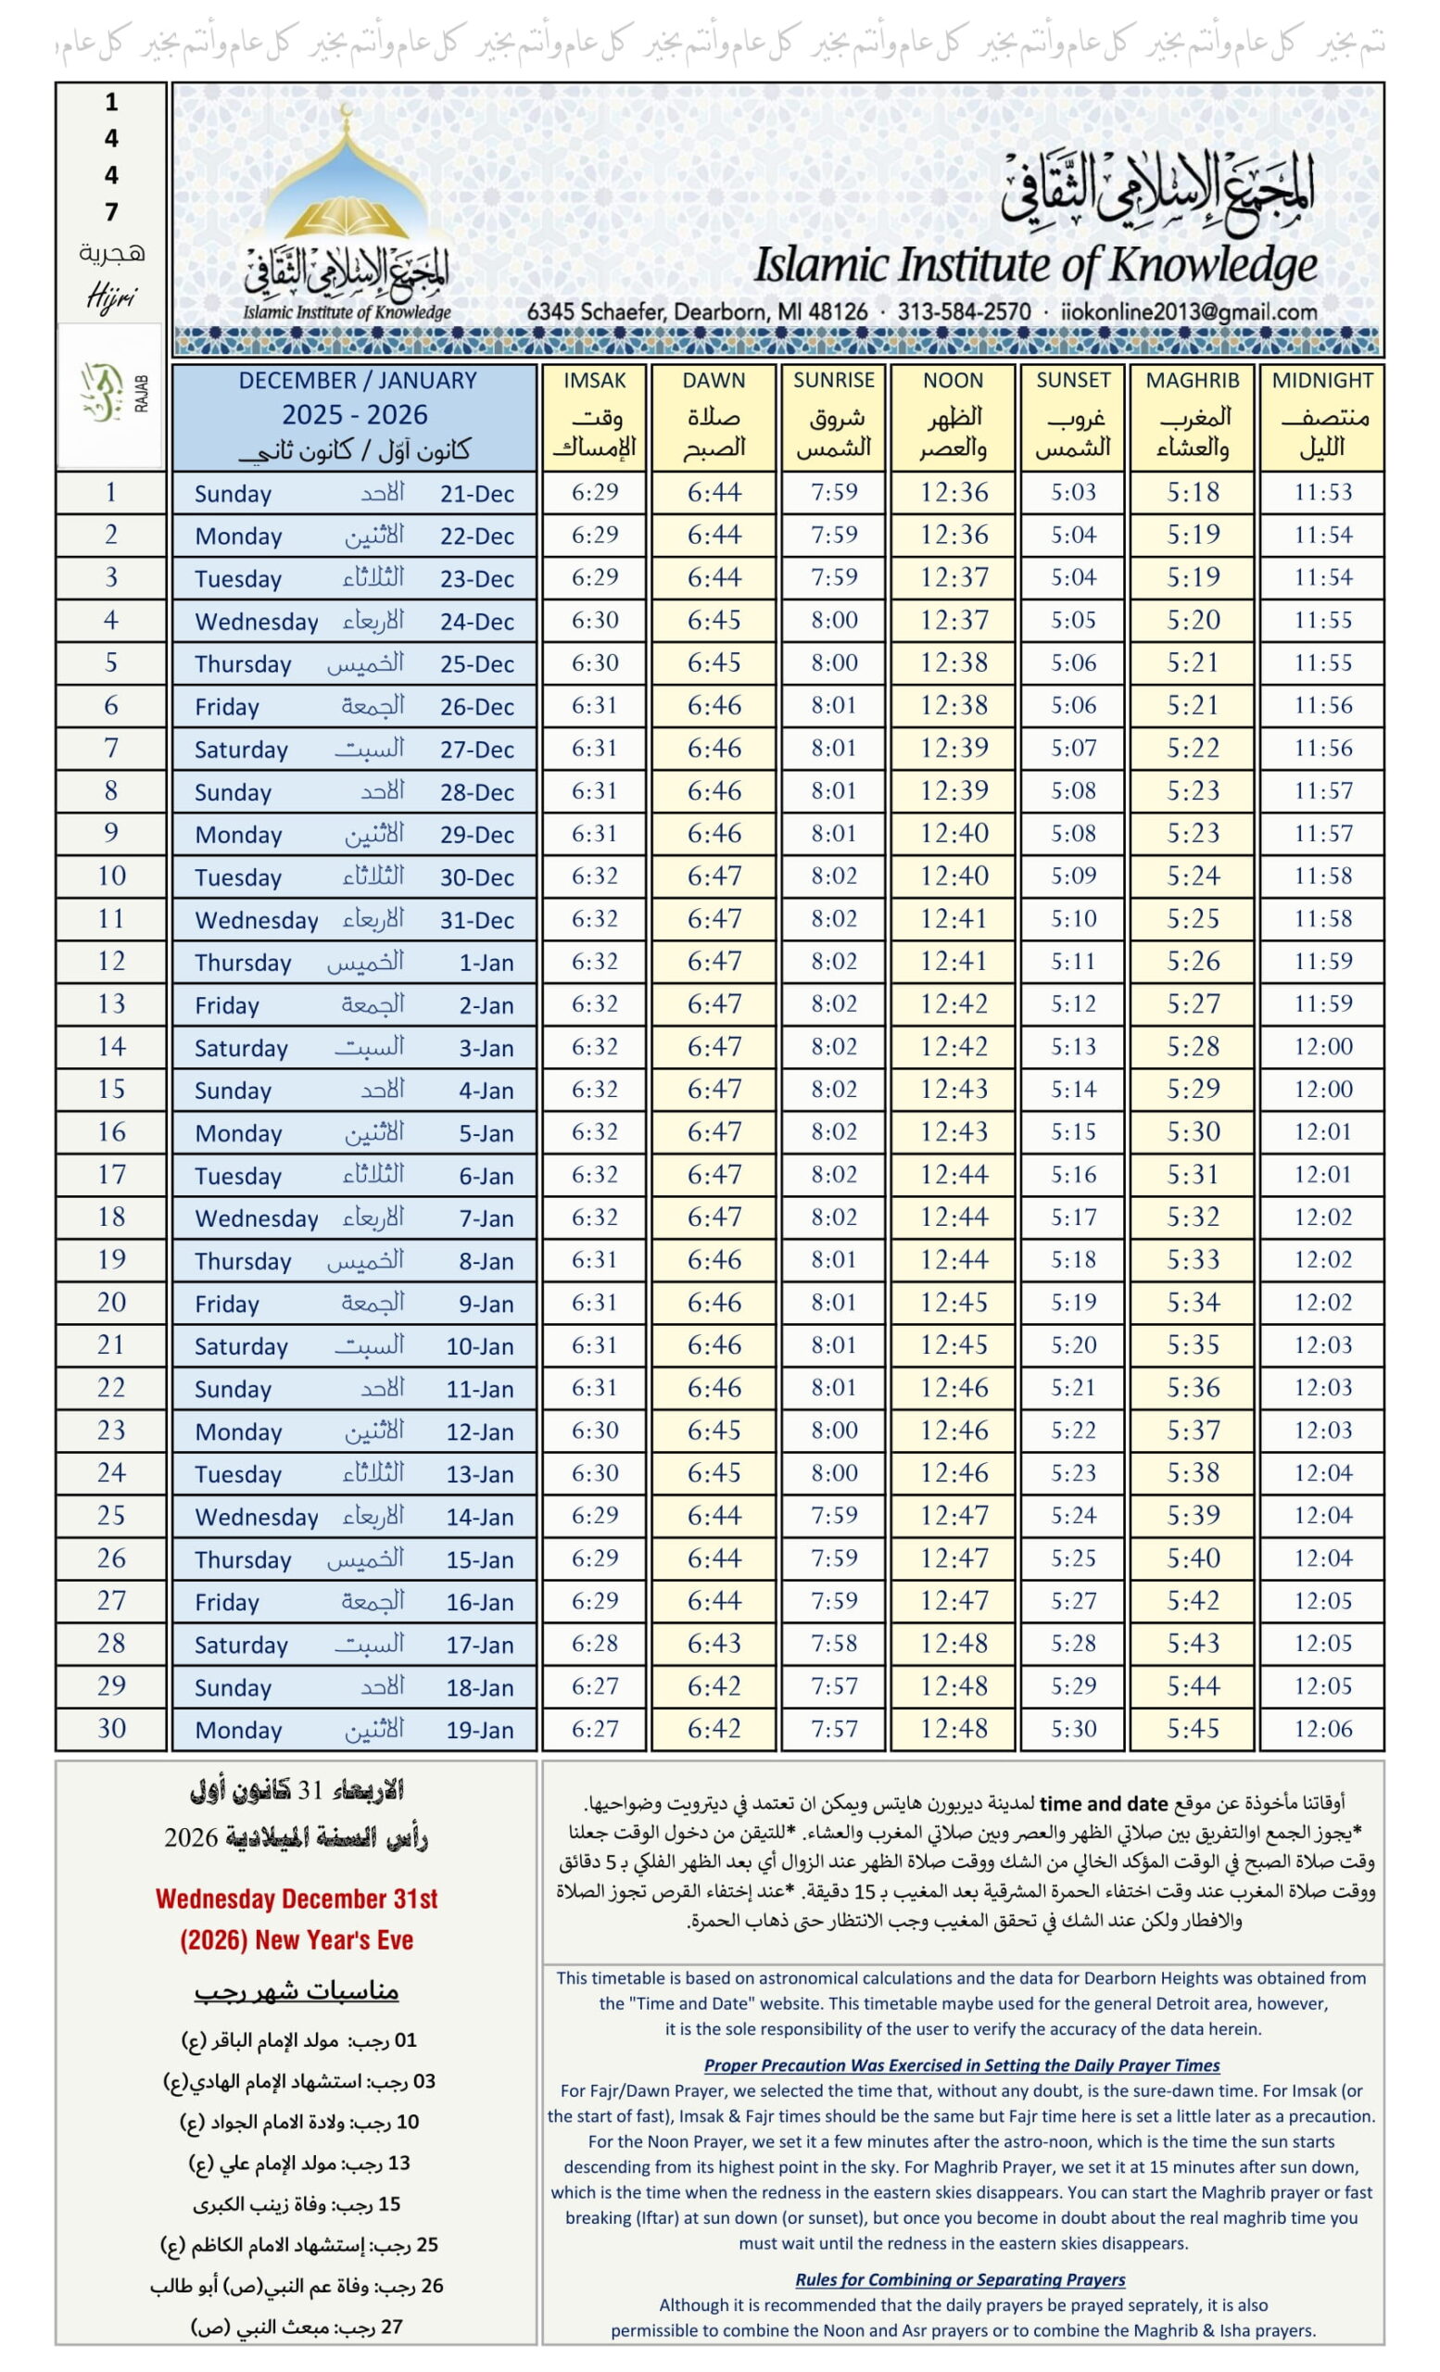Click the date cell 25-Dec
click(x=476, y=664)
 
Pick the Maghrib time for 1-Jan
click(x=1193, y=962)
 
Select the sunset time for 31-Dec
click(x=1072, y=919)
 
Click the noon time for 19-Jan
click(x=953, y=1729)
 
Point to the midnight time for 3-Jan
click(x=1321, y=1046)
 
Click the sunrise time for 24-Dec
click(x=833, y=621)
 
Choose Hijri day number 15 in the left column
click(x=110, y=1089)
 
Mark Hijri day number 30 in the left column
click(x=110, y=1728)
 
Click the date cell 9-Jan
click(x=486, y=1304)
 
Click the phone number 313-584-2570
click(x=964, y=312)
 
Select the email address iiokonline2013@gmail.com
click(x=1189, y=312)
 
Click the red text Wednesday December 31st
click(x=297, y=1899)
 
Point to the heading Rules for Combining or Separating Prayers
click(x=960, y=2278)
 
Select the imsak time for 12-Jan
click(x=594, y=1431)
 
